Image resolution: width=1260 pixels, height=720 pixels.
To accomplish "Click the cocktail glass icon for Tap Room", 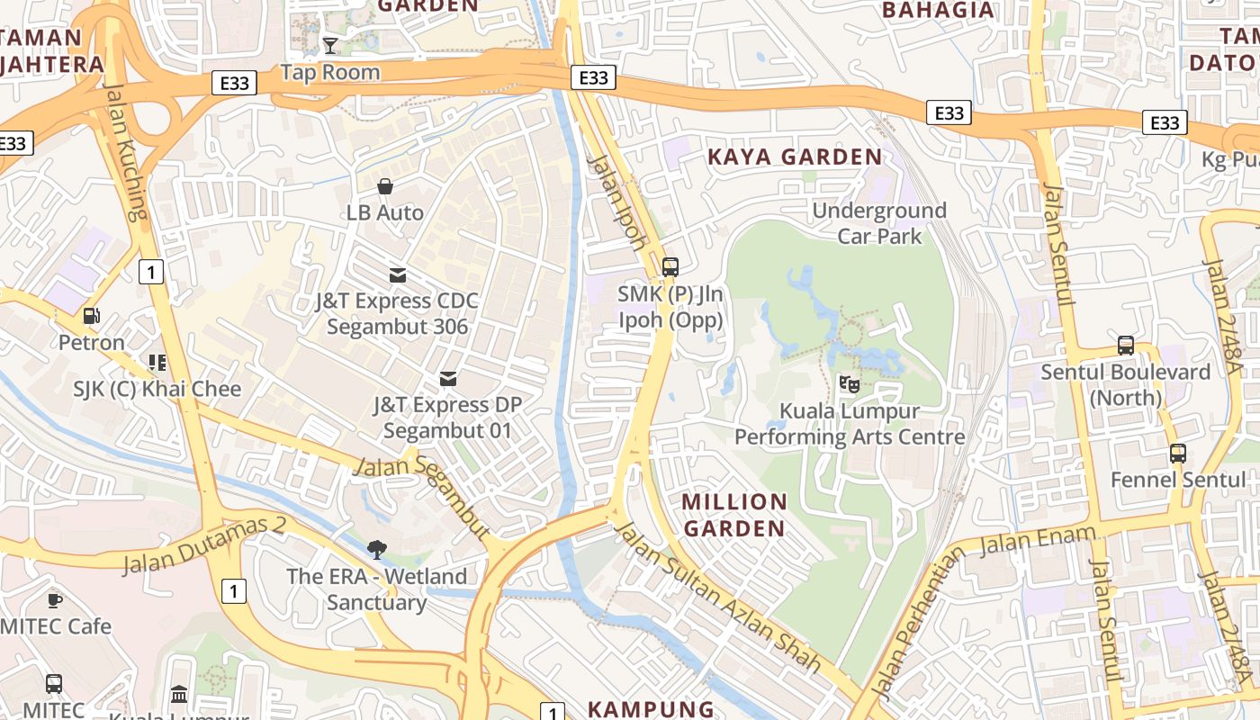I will click(330, 45).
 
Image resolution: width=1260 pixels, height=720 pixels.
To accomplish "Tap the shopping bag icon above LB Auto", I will click(385, 186).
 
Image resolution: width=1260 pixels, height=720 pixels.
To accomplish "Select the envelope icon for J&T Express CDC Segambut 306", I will click(397, 274).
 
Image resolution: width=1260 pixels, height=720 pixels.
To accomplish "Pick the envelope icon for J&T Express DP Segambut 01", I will click(447, 379).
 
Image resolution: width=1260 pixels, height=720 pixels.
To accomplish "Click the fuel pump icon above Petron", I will click(91, 316).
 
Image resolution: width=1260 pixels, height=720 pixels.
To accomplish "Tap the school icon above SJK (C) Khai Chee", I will click(157, 363).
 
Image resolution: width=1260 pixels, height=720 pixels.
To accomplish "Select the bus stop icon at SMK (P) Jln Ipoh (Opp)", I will click(670, 266).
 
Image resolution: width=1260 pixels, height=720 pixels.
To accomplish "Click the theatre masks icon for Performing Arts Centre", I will click(849, 384).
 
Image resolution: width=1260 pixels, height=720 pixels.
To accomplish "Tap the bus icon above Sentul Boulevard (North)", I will click(1125, 345).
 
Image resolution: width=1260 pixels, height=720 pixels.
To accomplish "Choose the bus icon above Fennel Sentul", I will click(1177, 453).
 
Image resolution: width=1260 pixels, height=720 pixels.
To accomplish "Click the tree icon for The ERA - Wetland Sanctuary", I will click(376, 549).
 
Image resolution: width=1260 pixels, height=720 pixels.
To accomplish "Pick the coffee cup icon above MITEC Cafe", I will click(54, 600).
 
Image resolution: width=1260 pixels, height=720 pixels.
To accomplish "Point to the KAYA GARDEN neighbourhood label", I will click(795, 157).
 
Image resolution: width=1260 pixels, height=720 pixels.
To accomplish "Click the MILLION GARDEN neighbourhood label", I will click(734, 515).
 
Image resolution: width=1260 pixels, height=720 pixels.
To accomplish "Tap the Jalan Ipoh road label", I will click(617, 202).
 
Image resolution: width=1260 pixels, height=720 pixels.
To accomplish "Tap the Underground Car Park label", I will click(879, 223).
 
